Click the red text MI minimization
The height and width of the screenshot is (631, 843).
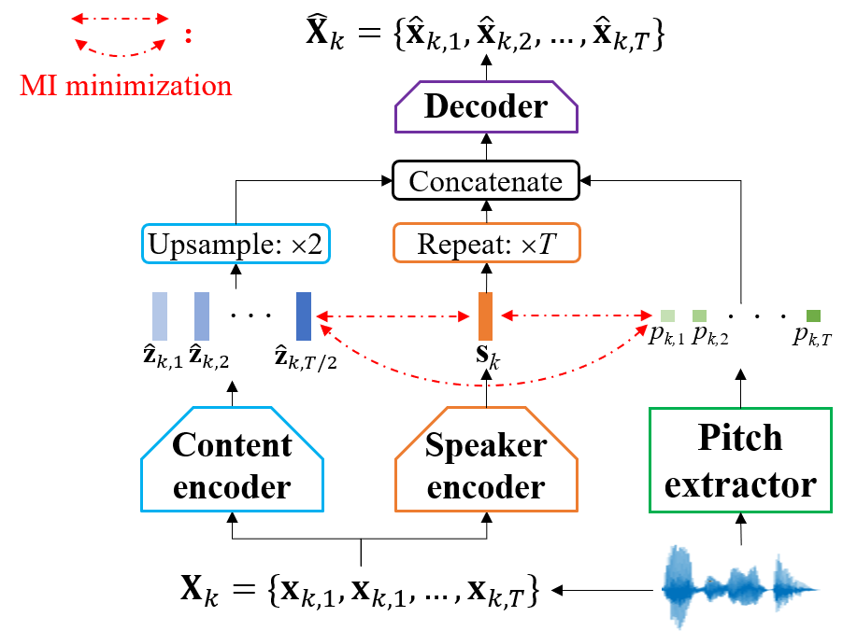click(x=126, y=86)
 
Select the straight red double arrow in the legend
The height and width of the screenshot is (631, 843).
click(x=121, y=19)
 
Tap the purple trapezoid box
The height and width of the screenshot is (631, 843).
click(x=486, y=106)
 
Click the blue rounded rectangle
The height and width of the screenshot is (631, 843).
click(x=236, y=244)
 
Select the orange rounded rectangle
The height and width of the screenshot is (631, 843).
click(x=486, y=243)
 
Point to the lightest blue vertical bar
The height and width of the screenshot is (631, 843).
click(x=160, y=316)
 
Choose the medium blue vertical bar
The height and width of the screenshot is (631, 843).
click(x=202, y=316)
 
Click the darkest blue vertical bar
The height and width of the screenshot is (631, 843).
click(x=304, y=316)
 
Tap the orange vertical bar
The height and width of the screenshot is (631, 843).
click(x=485, y=316)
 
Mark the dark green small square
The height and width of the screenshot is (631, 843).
click(x=813, y=316)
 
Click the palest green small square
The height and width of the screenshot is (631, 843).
click(x=667, y=316)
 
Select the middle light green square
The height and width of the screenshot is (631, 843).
click(x=699, y=316)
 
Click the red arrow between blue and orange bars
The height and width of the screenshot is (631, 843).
click(x=393, y=317)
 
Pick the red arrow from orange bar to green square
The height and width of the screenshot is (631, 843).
click(x=576, y=316)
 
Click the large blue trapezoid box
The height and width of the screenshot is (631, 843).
click(x=232, y=460)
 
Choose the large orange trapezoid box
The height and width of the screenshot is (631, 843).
click(x=486, y=460)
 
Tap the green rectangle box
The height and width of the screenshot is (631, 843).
click(x=740, y=460)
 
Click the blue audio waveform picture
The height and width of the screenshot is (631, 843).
click(x=740, y=587)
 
